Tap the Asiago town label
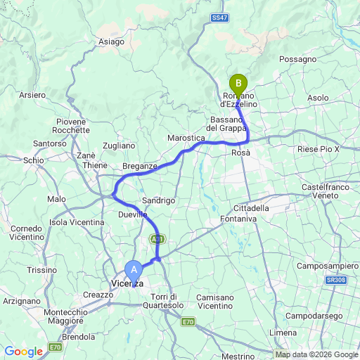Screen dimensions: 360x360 coord(111,42)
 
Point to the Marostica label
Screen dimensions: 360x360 coord(186,139)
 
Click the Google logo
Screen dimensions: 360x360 coord(23,352)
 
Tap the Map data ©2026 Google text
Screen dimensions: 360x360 coord(316,354)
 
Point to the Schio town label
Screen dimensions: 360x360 coord(33,160)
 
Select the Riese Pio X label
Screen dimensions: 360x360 coord(319,149)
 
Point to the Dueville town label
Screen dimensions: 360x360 coord(133,213)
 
